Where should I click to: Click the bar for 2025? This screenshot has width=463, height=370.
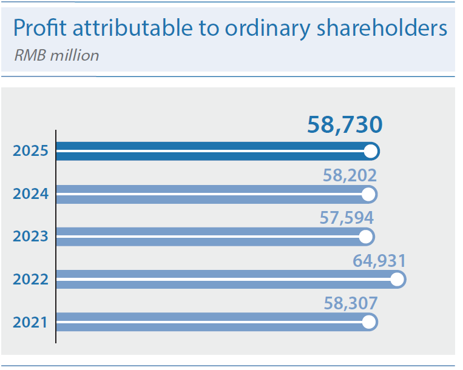(x=212, y=151)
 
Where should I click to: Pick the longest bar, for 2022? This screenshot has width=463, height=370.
(x=225, y=279)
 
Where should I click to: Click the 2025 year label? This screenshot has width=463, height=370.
(x=30, y=151)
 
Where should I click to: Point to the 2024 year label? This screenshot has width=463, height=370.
(x=30, y=194)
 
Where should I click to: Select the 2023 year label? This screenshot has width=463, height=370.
(x=30, y=236)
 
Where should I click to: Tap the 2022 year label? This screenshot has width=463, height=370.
(x=30, y=279)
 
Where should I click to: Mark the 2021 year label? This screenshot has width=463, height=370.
(x=30, y=321)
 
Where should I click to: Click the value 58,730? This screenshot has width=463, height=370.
(x=345, y=124)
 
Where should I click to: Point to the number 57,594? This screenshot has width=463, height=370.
(x=346, y=217)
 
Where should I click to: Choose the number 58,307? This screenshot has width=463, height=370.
(x=350, y=303)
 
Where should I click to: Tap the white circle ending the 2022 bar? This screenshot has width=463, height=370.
(x=397, y=279)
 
